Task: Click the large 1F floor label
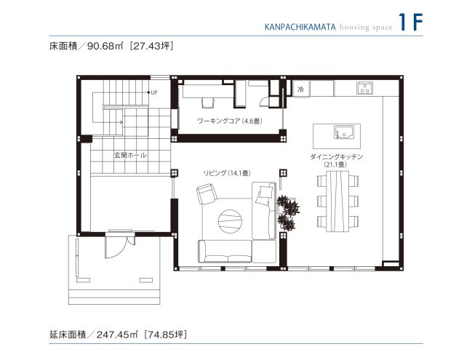click(x=411, y=23)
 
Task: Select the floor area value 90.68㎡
click(x=105, y=47)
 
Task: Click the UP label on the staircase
click(x=155, y=92)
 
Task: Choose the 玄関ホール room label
click(x=129, y=155)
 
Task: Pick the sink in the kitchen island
click(x=343, y=132)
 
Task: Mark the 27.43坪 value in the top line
click(x=153, y=47)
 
